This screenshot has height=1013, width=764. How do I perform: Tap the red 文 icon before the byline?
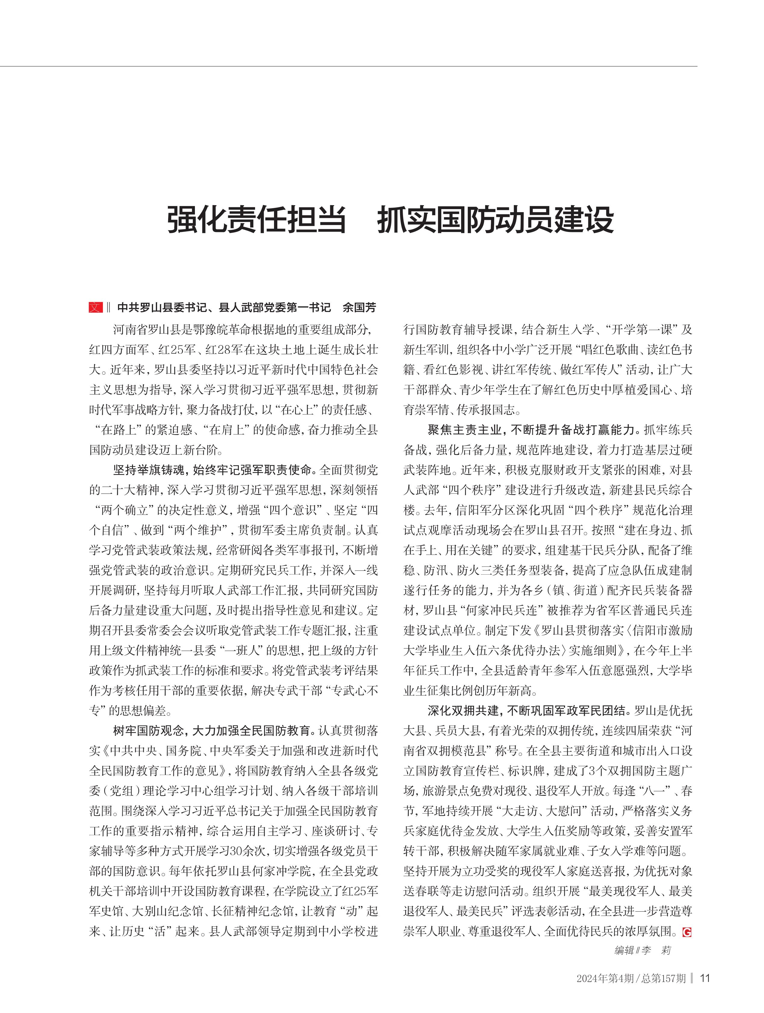96,307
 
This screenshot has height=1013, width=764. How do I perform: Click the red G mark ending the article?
686,931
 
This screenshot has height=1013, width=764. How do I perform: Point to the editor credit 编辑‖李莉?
642,951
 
